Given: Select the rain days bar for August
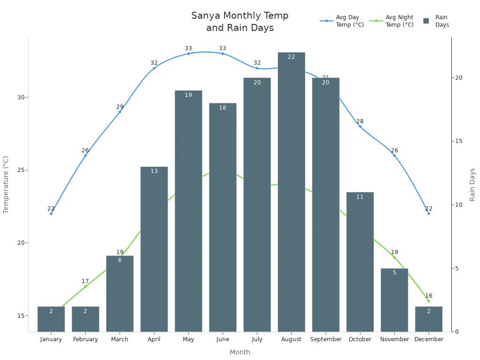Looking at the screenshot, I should point(291,192).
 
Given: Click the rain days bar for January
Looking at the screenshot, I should point(51,319).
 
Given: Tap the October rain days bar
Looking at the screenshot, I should point(360,262).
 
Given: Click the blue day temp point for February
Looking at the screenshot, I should point(85,155).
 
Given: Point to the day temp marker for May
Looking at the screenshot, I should point(188,53).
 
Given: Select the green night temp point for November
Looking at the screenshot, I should point(394,257).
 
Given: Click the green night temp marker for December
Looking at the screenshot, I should point(428,301).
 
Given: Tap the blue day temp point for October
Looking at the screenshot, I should point(360,126).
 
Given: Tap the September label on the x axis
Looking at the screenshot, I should point(326,339).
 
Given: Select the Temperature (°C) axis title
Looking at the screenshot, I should point(6,185).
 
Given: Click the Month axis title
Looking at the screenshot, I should point(240,352).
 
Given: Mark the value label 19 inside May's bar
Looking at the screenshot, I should point(188,95).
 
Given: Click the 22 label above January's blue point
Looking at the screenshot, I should point(51,209).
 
